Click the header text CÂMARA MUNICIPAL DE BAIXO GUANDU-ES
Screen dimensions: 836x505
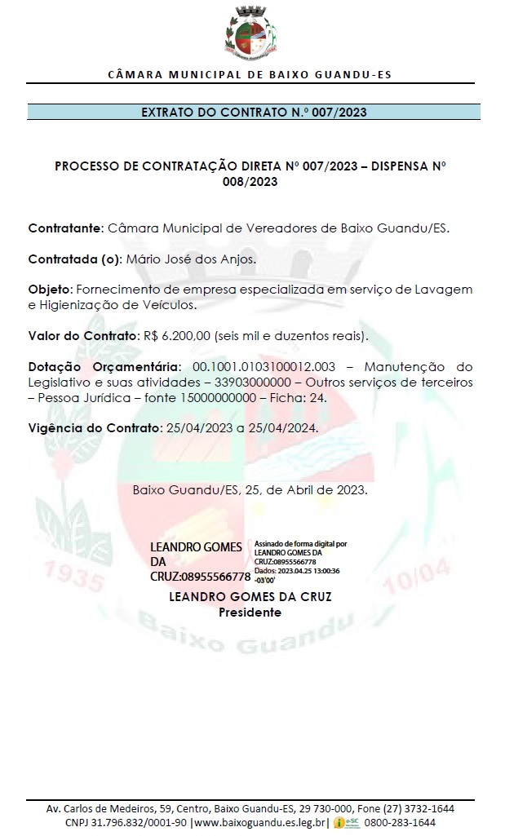pyautogui.click(x=250, y=74)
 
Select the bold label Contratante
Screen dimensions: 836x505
pyautogui.click(x=65, y=228)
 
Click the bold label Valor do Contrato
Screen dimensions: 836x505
pyautogui.click(x=82, y=335)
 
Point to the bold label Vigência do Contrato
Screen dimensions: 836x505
pyautogui.click(x=93, y=427)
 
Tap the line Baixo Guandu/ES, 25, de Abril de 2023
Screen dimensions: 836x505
pyautogui.click(x=250, y=491)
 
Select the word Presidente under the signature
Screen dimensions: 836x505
pyautogui.click(x=250, y=613)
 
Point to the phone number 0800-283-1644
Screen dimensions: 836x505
pyautogui.click(x=401, y=822)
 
